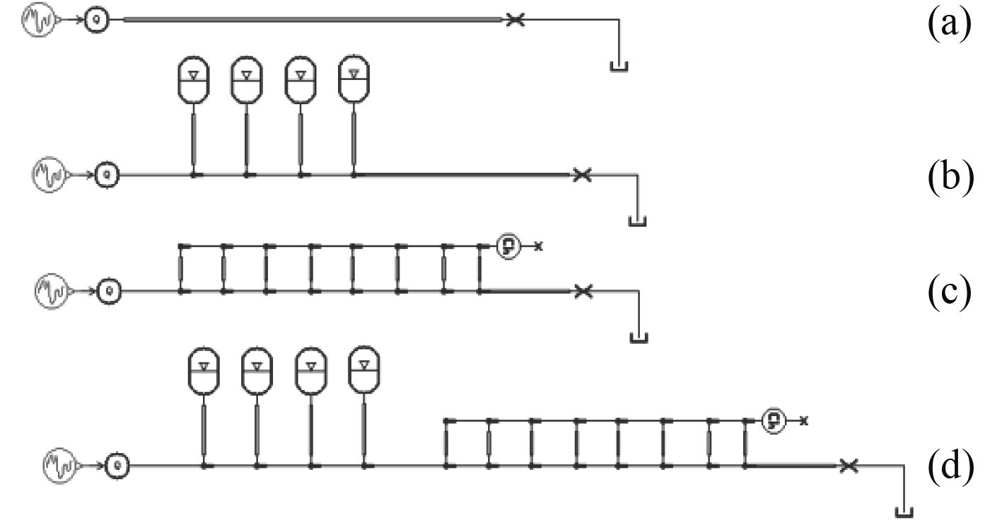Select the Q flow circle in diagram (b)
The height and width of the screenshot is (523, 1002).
pos(108,173)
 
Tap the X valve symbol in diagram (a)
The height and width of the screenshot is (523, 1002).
pos(516,21)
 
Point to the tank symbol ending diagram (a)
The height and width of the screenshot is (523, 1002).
pos(618,68)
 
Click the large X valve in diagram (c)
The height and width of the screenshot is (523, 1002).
pos(581,290)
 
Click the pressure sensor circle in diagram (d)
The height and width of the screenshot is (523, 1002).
pos(774,420)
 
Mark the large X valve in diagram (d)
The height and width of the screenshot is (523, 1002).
pos(849,465)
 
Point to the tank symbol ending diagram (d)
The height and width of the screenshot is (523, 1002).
pos(904,511)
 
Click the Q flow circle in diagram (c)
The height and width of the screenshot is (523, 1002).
pos(110,290)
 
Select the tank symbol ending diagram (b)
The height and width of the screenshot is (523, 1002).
pos(638,222)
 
